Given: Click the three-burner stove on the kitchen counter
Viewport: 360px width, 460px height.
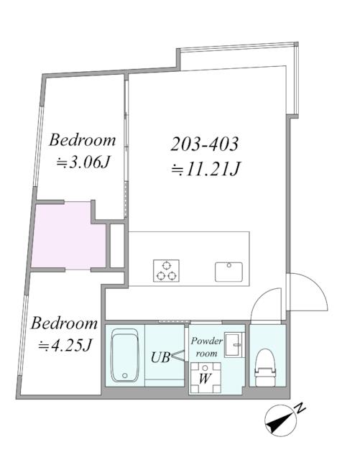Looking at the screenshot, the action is (x=166, y=270).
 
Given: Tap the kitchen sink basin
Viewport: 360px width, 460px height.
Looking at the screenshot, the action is (x=229, y=272).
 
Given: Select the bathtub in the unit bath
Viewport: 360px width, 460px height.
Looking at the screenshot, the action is (x=125, y=355).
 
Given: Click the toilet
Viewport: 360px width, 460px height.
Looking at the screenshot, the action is (x=266, y=367).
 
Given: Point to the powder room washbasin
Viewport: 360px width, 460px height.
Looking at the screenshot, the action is (x=234, y=345).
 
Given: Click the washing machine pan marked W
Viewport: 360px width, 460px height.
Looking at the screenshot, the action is (x=206, y=377).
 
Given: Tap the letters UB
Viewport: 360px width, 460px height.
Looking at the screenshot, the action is (x=160, y=357).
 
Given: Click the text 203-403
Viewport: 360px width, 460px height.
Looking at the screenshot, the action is (x=205, y=144).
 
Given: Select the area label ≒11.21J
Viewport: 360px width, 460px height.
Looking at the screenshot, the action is (x=206, y=169).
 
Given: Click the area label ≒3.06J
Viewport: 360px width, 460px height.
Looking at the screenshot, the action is (x=83, y=162).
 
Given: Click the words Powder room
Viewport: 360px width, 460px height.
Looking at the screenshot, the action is (x=207, y=347).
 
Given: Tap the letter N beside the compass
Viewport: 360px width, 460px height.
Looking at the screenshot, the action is (x=300, y=408).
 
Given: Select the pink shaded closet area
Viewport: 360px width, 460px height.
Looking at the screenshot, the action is (x=68, y=235).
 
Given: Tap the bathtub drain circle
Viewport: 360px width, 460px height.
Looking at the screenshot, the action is (x=125, y=375).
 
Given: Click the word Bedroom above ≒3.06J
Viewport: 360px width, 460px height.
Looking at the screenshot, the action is (x=82, y=140).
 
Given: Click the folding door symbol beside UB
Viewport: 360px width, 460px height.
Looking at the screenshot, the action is (x=178, y=356).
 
